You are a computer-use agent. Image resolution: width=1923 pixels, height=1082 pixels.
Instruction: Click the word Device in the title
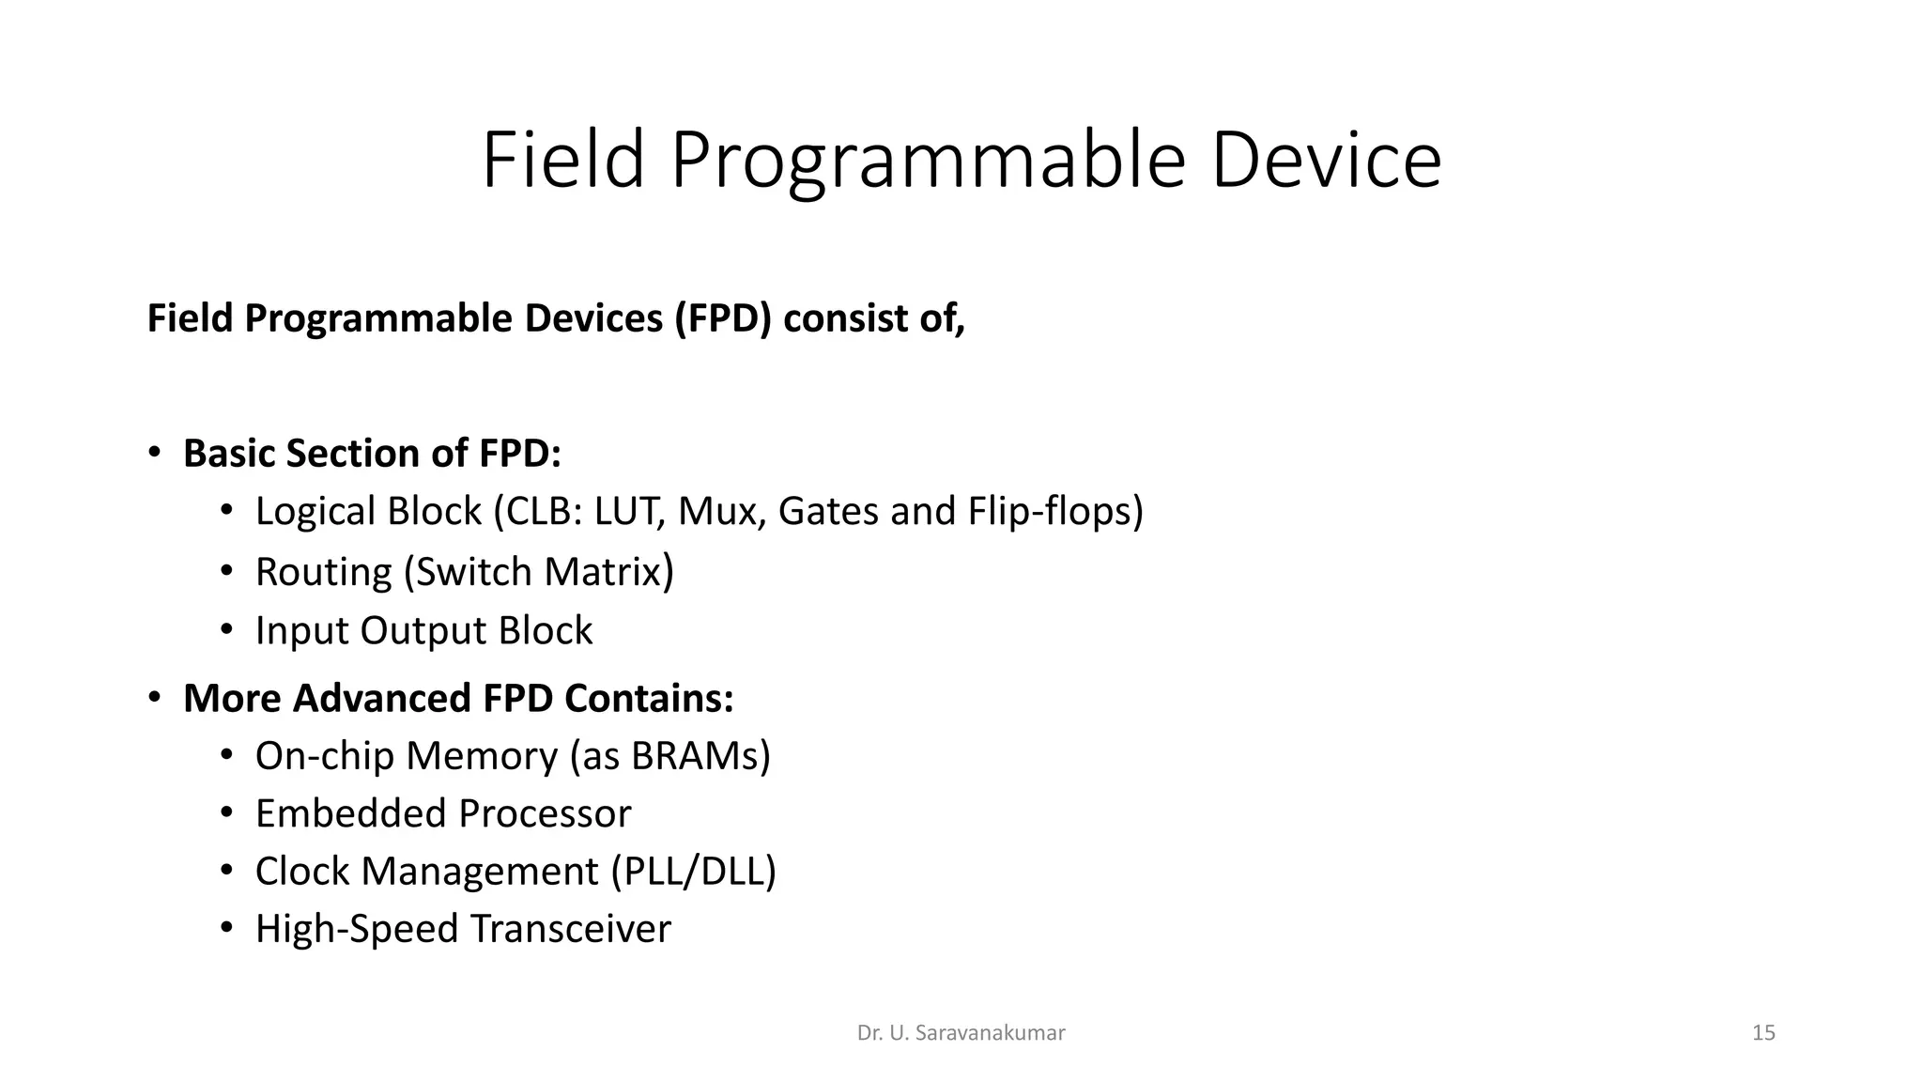[1325, 161]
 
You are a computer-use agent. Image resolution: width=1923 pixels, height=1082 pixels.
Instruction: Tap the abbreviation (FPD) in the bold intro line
[723, 319]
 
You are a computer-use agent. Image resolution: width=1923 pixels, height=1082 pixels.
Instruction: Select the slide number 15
[1763, 1033]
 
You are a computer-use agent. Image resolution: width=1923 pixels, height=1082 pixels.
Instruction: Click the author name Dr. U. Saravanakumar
[961, 1033]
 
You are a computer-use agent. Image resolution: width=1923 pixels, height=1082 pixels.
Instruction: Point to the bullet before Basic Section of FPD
[155, 453]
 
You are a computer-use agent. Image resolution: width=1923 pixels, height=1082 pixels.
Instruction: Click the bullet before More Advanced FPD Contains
[155, 698]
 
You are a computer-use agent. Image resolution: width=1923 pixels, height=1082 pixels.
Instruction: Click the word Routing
[323, 572]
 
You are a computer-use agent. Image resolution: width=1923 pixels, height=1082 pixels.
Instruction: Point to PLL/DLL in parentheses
[694, 872]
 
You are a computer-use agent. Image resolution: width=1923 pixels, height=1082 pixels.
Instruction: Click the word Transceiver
[570, 929]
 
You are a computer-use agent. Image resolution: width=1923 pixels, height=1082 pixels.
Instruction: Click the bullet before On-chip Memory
[226, 756]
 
